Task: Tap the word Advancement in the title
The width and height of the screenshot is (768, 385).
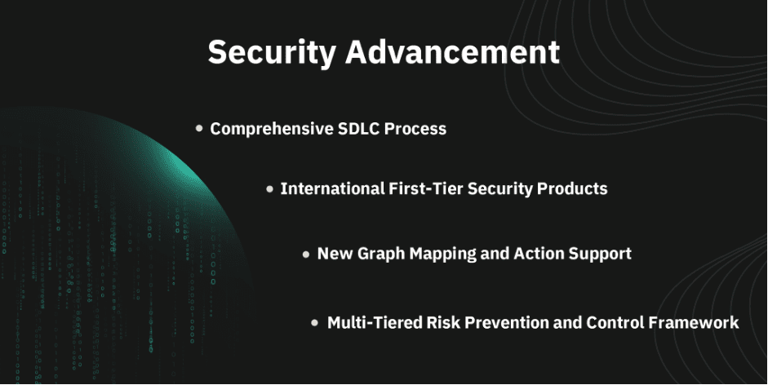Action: pos(453,51)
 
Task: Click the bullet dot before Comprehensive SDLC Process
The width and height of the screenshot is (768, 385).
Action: pos(199,128)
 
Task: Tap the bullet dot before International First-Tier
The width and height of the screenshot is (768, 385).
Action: pos(269,188)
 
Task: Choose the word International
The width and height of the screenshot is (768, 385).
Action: pos(332,188)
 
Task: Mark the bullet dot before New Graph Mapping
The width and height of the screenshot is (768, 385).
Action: pos(306,254)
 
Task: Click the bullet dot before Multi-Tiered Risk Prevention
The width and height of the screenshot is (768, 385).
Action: pos(315,323)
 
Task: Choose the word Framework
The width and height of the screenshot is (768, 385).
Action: pos(694,323)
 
